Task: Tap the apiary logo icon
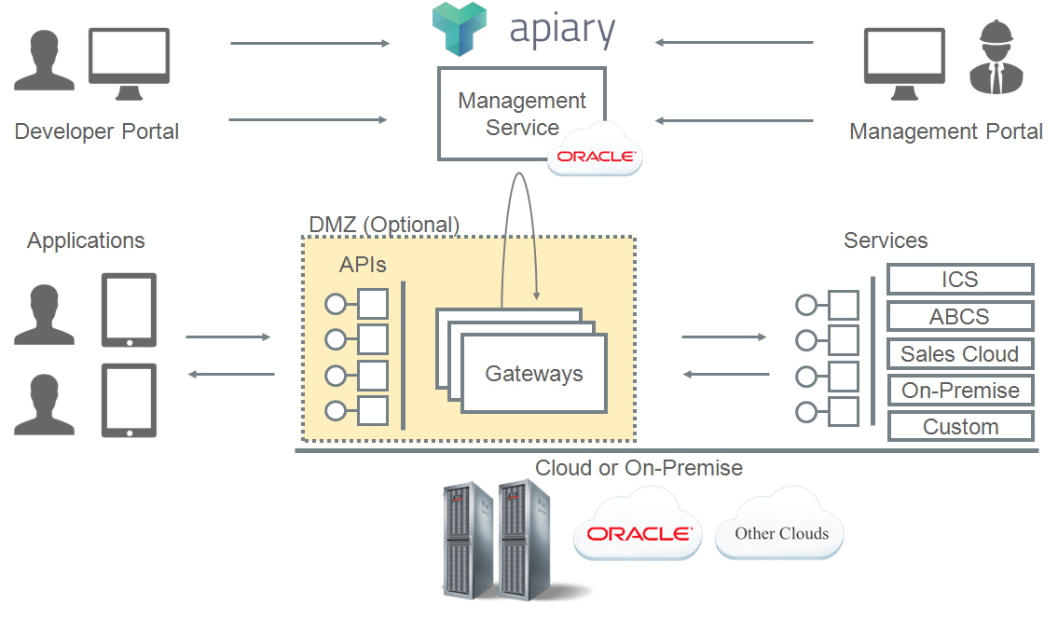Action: click(x=460, y=29)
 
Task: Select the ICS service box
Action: click(x=959, y=280)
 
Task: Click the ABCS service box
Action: click(x=959, y=317)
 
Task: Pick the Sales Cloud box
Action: click(x=959, y=354)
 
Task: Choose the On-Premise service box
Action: click(x=959, y=391)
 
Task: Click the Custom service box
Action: click(x=959, y=427)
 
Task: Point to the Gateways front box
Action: click(x=534, y=374)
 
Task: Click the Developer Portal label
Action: click(x=97, y=131)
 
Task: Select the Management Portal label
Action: click(x=945, y=131)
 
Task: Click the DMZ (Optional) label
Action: click(x=384, y=225)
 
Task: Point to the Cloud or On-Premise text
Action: click(x=639, y=468)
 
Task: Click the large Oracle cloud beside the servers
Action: click(x=639, y=531)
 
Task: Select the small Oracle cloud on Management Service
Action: click(x=596, y=154)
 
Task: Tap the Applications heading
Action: click(x=86, y=240)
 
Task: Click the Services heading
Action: click(x=885, y=240)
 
